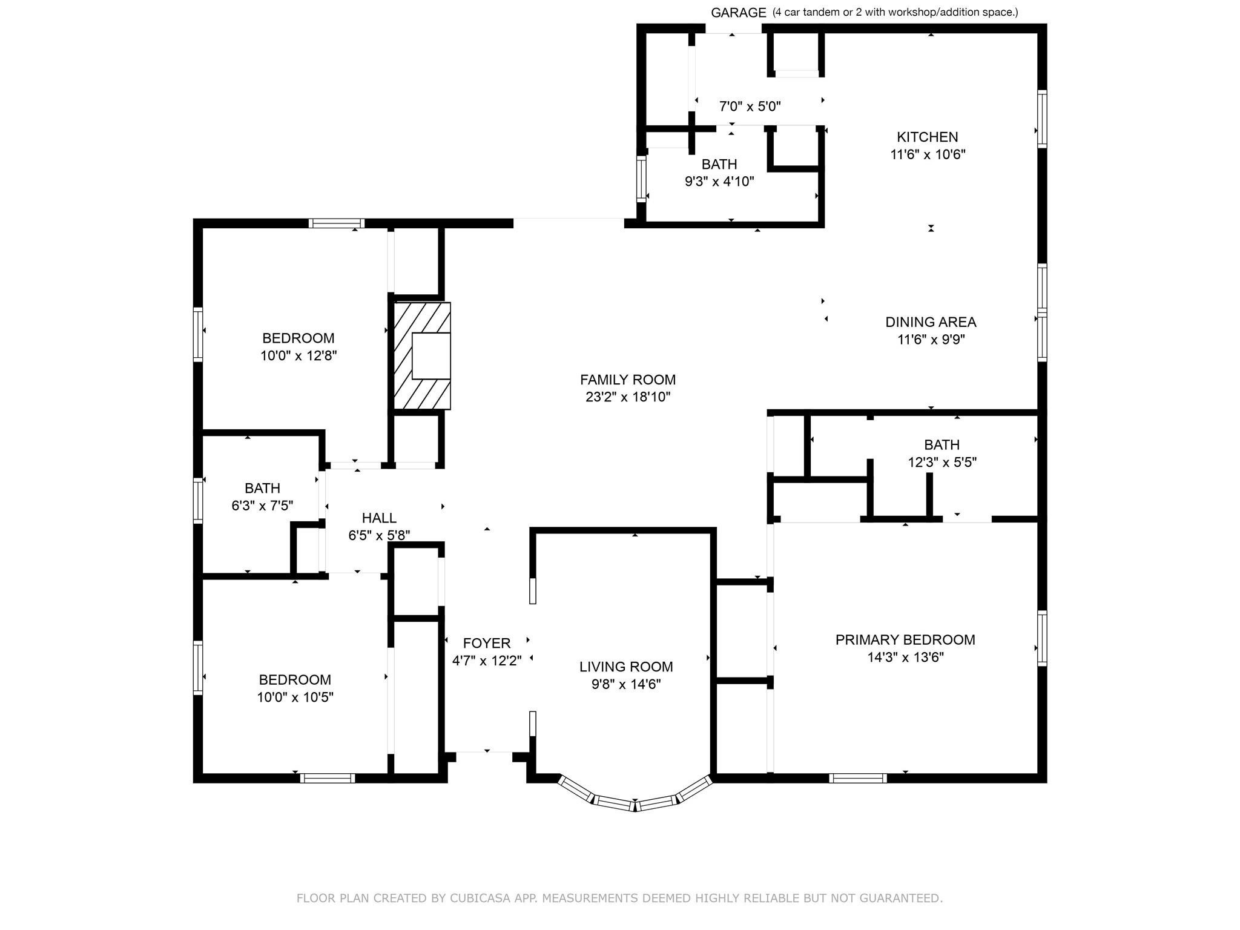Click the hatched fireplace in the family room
tap(421, 355)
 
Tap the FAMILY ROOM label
tap(627, 380)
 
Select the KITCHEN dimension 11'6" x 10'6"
tap(927, 154)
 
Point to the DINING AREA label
tap(931, 322)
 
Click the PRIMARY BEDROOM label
tap(905, 640)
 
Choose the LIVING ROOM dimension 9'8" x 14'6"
tap(625, 684)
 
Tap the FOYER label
tap(486, 643)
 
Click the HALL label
tap(379, 518)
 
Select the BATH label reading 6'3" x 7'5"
tap(262, 488)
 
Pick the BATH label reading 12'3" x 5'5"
tap(942, 445)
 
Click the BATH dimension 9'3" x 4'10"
tap(719, 181)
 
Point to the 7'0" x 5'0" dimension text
tap(750, 107)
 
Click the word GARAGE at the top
tap(738, 13)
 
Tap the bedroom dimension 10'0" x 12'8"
tap(298, 355)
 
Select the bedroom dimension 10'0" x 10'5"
tap(295, 697)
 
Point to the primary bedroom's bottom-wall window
tap(857, 778)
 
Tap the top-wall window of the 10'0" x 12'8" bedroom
tap(336, 223)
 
